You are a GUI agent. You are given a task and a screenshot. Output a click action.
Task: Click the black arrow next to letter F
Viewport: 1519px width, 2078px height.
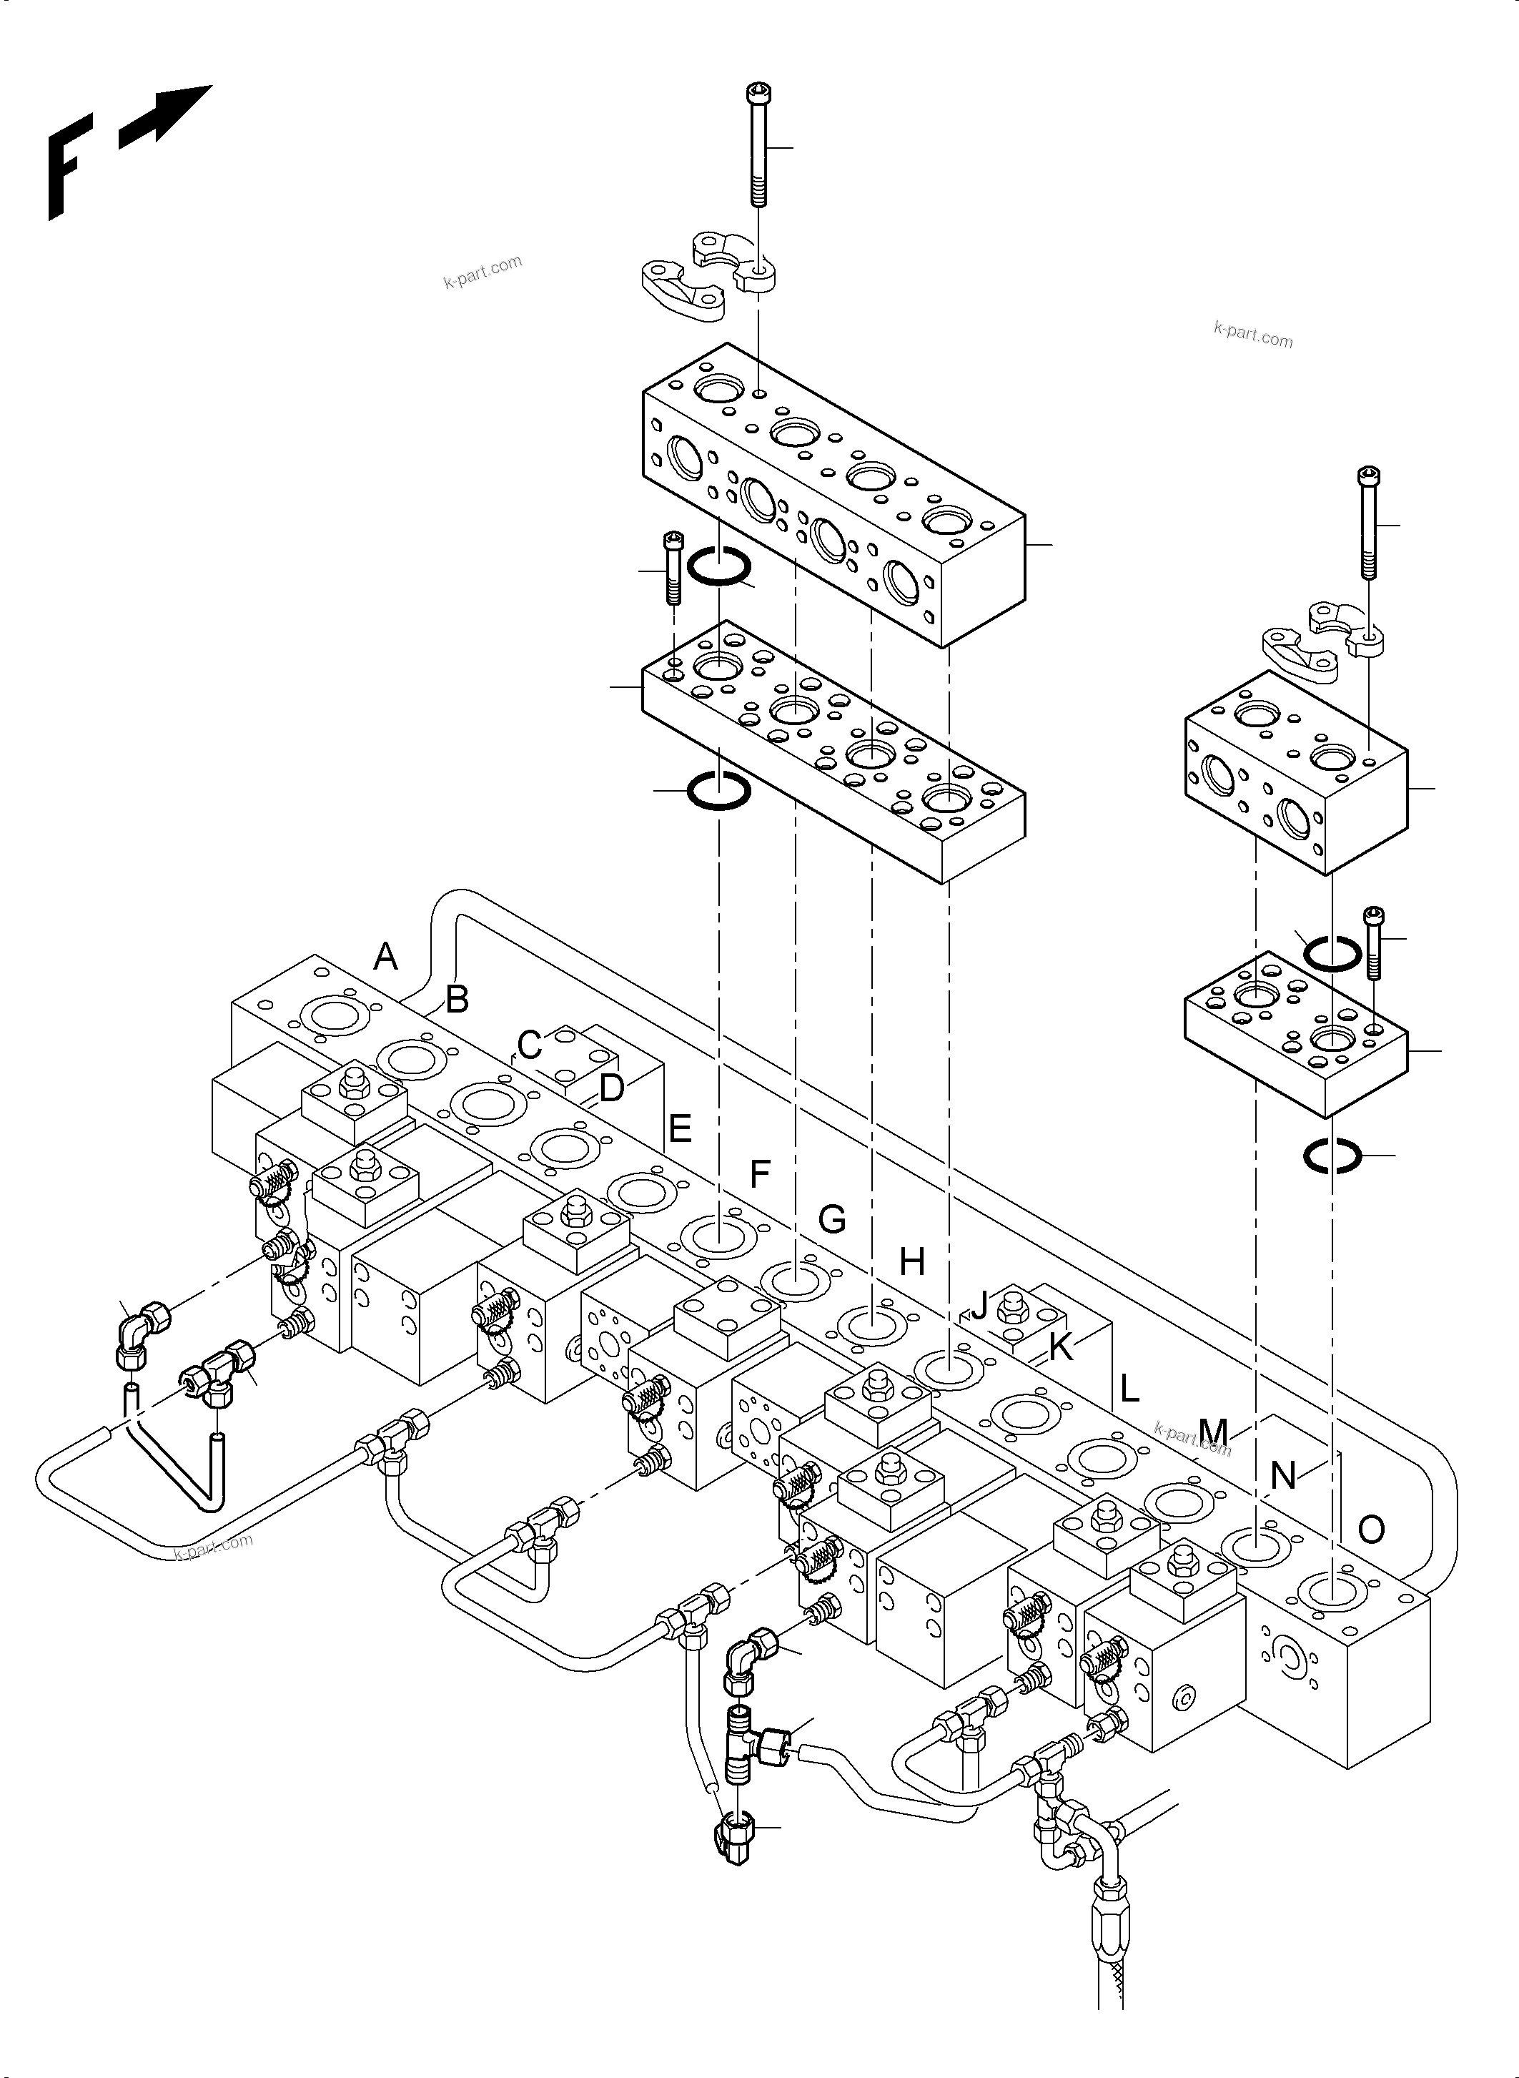tap(167, 116)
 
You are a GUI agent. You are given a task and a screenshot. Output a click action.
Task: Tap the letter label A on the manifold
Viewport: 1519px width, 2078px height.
tap(386, 957)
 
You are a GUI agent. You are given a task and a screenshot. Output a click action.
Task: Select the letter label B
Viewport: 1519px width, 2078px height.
tap(457, 999)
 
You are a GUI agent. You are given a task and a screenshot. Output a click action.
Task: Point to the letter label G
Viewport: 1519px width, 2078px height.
tap(831, 1220)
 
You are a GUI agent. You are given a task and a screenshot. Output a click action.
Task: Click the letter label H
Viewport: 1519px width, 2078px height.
tap(911, 1263)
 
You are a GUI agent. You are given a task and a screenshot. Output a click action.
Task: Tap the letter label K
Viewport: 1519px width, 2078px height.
tap(1060, 1348)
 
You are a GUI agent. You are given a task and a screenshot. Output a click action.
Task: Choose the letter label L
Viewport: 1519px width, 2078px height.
tap(1129, 1389)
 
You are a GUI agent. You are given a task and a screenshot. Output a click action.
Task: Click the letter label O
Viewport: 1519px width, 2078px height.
tap(1371, 1530)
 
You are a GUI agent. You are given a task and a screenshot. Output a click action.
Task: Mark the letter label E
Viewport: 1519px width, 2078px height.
tap(680, 1128)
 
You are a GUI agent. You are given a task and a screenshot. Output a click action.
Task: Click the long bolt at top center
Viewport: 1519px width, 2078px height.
tap(759, 147)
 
